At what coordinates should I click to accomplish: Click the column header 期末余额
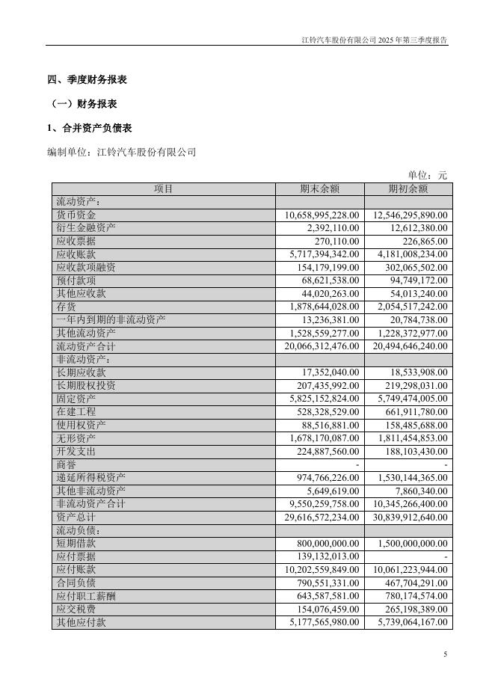[x=319, y=189]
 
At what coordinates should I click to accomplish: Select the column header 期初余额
[x=408, y=189]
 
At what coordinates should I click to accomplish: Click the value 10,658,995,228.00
[x=323, y=215]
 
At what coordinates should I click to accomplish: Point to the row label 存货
[x=66, y=307]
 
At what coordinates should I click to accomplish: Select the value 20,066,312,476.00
[x=323, y=347]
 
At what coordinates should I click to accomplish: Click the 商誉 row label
[x=66, y=464]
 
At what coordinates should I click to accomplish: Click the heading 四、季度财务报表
[x=87, y=80]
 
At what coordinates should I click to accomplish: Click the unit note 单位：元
[x=427, y=175]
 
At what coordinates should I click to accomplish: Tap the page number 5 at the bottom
[x=445, y=655]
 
